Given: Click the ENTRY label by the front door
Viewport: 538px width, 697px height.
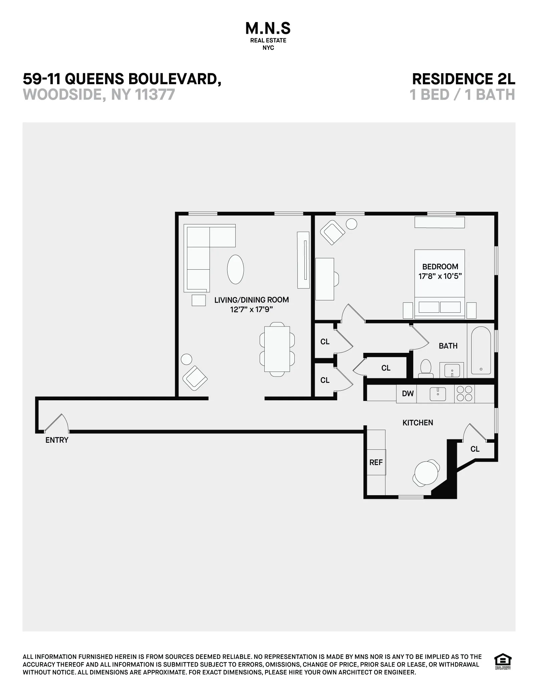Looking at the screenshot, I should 57,440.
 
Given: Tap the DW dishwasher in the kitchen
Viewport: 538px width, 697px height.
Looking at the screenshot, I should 408,394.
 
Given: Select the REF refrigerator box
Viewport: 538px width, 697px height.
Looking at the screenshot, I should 376,462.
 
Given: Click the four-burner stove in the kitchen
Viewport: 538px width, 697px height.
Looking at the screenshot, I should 464,394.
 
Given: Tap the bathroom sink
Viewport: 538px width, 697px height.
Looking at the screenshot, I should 452,370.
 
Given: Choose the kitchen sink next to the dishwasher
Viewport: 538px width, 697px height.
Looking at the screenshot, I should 438,394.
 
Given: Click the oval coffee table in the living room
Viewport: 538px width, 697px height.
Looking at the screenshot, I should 235,269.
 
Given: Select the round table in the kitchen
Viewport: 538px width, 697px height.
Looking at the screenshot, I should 426,473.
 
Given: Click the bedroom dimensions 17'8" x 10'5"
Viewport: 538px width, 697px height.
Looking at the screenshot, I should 440,276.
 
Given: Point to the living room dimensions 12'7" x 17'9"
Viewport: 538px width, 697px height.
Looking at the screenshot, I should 251,309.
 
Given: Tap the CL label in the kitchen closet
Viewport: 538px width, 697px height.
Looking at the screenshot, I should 475,449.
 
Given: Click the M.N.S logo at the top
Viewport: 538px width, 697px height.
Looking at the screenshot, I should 268,29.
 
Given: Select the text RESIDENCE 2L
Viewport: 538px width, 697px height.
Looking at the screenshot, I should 464,79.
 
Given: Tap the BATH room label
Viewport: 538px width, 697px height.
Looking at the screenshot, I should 448,346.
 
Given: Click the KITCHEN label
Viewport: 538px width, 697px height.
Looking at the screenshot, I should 418,423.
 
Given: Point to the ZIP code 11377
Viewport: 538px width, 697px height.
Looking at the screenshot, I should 155,95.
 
